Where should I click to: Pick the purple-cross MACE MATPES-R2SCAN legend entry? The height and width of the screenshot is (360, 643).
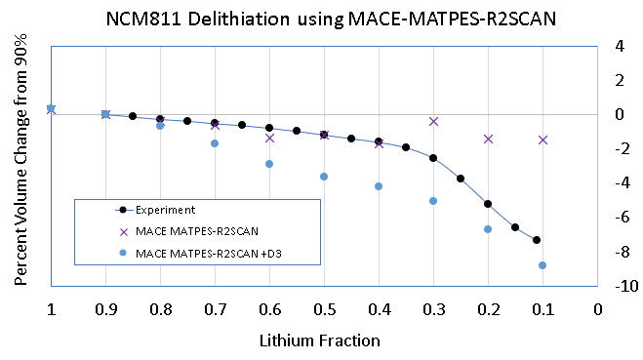(x=186, y=231)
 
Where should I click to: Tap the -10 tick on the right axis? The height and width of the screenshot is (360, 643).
(x=621, y=286)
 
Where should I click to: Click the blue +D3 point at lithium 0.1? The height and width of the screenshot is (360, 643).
(x=543, y=265)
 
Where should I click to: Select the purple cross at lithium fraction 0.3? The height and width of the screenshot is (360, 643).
(x=433, y=121)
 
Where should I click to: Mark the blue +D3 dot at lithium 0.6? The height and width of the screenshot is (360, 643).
(x=269, y=164)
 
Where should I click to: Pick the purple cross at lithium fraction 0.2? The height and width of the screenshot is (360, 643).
(x=488, y=139)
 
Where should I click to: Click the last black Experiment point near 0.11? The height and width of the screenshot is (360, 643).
(x=537, y=240)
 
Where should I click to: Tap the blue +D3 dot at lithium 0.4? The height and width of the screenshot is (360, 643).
(x=379, y=186)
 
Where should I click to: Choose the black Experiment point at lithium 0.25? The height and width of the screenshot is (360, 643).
(x=461, y=179)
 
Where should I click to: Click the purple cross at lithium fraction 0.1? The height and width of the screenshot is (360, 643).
(x=543, y=140)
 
